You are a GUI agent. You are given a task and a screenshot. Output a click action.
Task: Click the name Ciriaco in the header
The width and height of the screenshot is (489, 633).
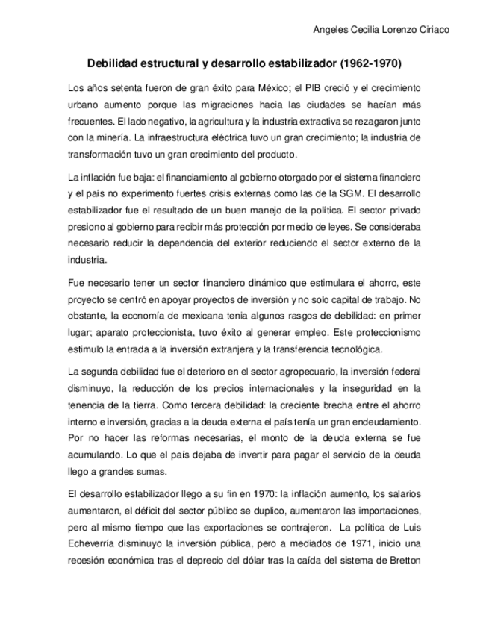(x=435, y=29)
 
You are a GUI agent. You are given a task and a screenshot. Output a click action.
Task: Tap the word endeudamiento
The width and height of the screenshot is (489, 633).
(x=387, y=422)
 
